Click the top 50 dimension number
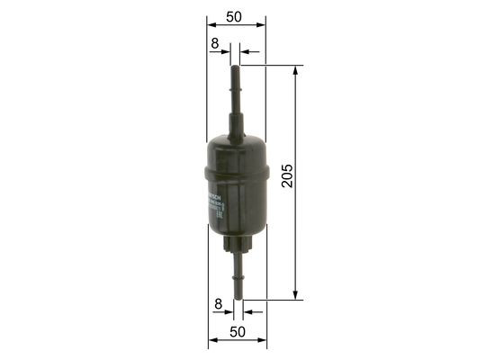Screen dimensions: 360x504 tap(236, 17)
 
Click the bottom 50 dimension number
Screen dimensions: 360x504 tap(238, 332)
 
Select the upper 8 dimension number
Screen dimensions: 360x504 tap(215, 42)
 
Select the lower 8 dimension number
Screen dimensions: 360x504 tap(218, 304)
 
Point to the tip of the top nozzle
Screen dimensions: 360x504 tap(238, 67)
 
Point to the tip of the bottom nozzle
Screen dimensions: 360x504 tap(239, 298)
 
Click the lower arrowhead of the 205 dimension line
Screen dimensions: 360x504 tap(296, 294)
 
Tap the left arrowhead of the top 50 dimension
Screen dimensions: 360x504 tap(210, 26)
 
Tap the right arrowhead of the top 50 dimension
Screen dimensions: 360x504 tap(264, 26)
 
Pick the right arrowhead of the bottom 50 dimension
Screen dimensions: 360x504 tap(265, 342)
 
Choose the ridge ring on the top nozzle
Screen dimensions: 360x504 tap(238, 90)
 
